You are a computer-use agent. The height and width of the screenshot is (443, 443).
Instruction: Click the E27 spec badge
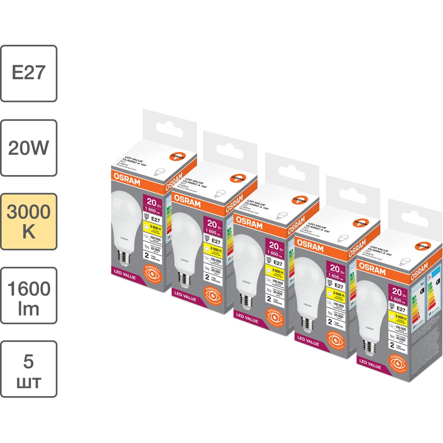[x=28, y=73]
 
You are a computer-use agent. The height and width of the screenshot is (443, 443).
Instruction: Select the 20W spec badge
[x=28, y=148]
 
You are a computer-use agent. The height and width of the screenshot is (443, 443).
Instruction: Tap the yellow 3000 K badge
[x=28, y=221]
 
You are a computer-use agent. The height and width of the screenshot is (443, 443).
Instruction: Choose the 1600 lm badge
[x=28, y=295]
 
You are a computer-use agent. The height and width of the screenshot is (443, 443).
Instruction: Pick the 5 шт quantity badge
[x=28, y=369]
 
